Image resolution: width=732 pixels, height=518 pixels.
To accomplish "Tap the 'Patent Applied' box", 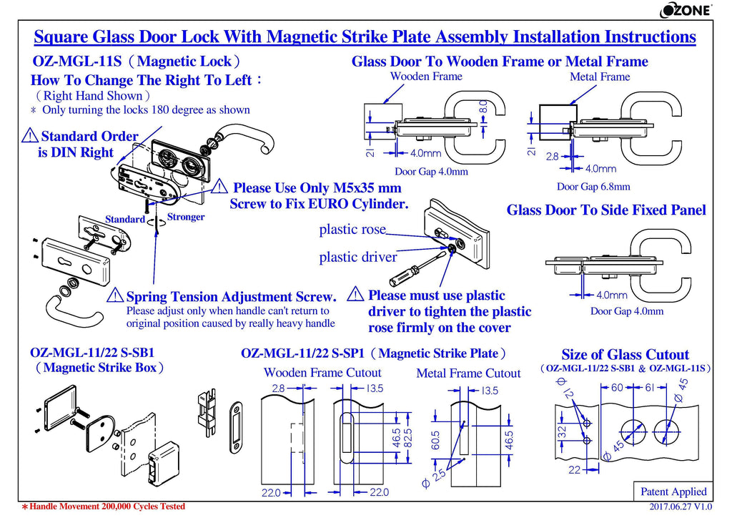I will (673, 492).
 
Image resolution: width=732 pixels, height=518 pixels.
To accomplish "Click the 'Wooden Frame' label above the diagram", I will (426, 77).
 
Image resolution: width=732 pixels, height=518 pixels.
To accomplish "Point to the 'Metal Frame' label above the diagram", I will (600, 77).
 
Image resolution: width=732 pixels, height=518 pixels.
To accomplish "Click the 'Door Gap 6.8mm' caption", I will (593, 187).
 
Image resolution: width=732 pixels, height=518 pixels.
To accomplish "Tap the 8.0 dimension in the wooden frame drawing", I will (483, 109).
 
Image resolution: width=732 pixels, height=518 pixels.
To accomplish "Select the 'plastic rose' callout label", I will (352, 230).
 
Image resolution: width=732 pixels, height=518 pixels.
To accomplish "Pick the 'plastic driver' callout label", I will (357, 257).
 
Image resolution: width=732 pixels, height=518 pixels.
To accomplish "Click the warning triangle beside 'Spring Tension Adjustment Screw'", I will (114, 295).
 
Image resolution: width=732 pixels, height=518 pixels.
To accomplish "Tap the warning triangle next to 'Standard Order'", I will (31, 135).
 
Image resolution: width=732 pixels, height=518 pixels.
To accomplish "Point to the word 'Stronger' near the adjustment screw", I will (186, 217).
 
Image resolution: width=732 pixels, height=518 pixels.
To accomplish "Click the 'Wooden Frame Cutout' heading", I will (322, 373).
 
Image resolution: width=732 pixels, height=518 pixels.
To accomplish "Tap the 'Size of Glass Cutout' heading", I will (625, 355).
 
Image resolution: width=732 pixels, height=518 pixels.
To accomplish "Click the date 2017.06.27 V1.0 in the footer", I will (681, 507).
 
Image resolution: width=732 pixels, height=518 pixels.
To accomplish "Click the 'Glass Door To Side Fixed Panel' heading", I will (606, 210).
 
